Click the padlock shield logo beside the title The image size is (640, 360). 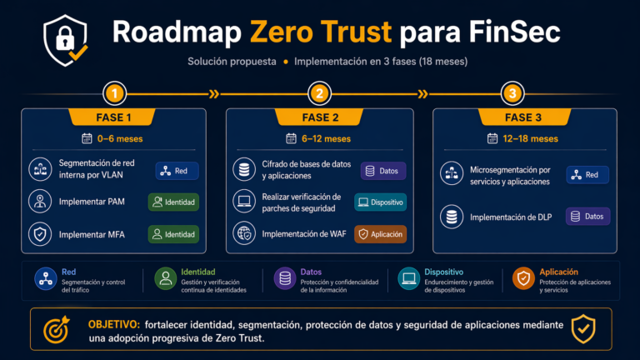(65, 40)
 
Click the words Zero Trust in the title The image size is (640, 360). (321, 32)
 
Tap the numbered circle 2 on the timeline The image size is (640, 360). (320, 93)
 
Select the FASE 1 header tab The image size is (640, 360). (113, 117)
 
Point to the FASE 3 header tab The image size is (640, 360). (523, 117)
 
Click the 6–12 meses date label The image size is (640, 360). (326, 139)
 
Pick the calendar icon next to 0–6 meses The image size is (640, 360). (87, 138)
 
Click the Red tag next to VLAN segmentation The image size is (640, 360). (177, 171)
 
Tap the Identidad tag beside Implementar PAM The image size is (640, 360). (173, 202)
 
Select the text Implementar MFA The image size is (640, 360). (92, 235)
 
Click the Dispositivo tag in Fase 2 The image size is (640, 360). (380, 202)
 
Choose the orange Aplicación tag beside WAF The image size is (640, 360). (380, 234)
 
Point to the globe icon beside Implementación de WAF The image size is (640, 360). (244, 234)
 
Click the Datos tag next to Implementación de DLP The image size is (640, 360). (587, 217)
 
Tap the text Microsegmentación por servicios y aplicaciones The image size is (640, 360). (510, 176)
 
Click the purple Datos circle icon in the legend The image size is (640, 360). (285, 279)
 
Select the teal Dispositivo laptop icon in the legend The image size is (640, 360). (408, 279)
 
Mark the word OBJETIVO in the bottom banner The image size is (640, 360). (114, 325)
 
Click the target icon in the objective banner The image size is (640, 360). (57, 329)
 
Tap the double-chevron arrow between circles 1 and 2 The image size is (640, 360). (214, 94)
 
